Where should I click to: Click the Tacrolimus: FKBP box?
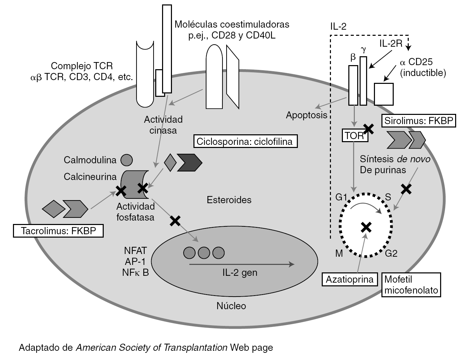pos(58,231)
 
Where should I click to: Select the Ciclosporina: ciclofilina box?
pos(245,141)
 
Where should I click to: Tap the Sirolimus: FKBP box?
pos(419,121)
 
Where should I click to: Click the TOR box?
pos(354,135)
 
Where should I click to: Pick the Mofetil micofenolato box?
pos(411,285)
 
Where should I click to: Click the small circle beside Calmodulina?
pos(127,160)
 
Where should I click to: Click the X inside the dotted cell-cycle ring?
pos(366,227)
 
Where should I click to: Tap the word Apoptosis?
pos(306,115)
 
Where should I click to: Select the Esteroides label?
pos(229,200)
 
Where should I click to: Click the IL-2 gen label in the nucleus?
pos(240,272)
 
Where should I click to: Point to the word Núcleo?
pos(231,306)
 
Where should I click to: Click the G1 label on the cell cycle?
pos(341,197)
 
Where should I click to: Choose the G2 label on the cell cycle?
pos(391,253)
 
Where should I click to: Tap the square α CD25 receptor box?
pos(384,94)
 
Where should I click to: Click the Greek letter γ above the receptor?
pos(363,50)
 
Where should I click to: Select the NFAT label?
pos(135,251)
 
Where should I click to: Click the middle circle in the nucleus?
pos(204,253)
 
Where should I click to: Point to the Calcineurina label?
pos(90,177)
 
